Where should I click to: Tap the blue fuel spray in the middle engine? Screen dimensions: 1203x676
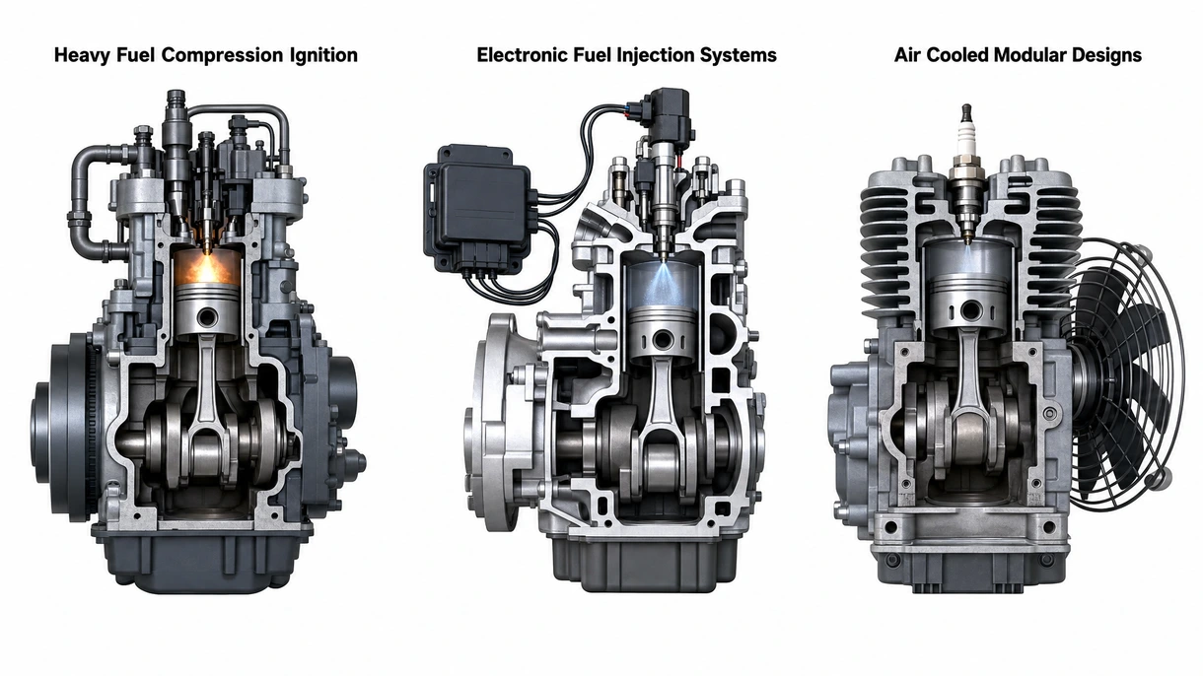tap(662, 285)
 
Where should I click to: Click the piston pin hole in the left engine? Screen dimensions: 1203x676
tap(206, 317)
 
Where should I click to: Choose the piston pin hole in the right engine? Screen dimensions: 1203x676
tap(970, 309)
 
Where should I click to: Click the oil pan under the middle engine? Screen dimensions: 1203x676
tap(654, 564)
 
